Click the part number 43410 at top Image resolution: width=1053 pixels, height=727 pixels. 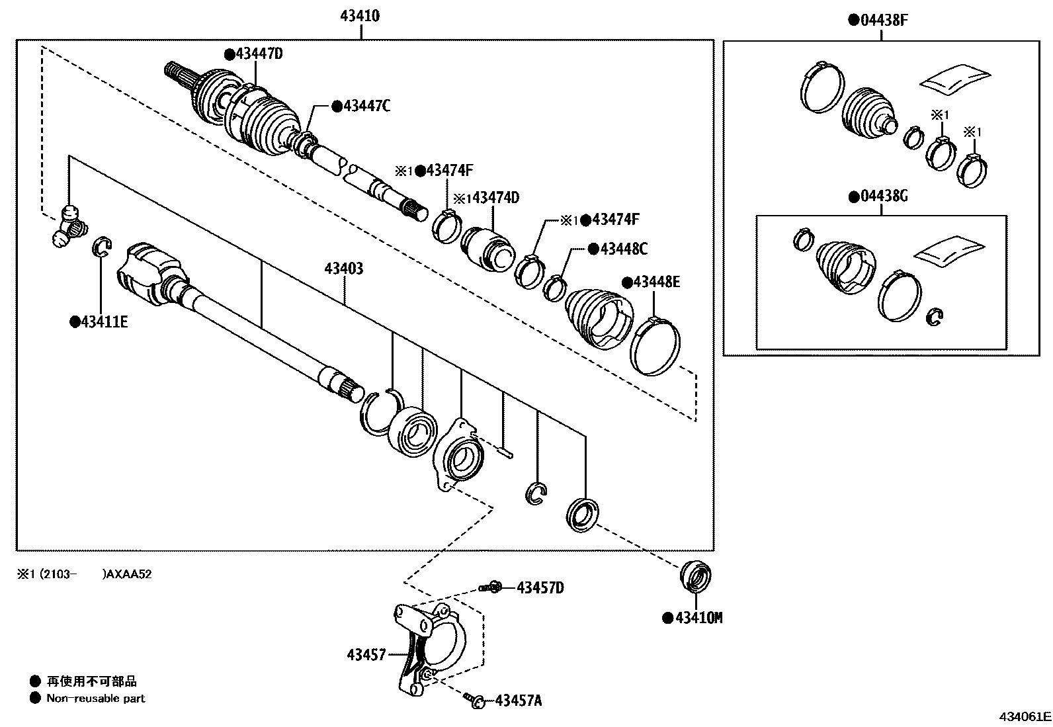tap(360, 16)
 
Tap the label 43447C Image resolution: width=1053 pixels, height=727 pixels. tap(366, 105)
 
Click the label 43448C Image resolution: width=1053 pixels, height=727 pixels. tap(622, 249)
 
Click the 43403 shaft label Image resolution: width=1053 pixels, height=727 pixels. tap(344, 269)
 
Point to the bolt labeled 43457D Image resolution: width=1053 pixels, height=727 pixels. tap(493, 587)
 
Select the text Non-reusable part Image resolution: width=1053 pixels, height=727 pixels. tap(95, 698)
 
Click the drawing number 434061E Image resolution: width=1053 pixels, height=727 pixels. tap(1025, 716)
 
